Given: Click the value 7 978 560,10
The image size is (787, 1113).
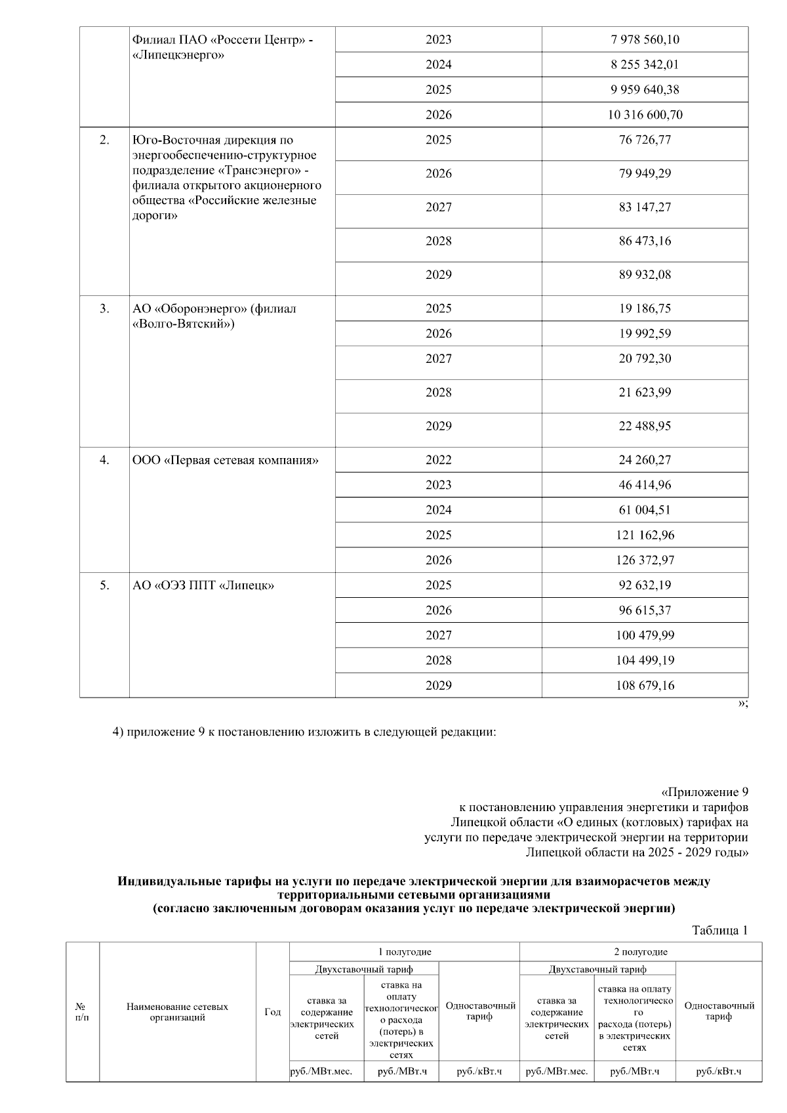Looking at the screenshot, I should click(645, 39).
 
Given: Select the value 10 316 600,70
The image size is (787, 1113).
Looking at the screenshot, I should click(645, 115).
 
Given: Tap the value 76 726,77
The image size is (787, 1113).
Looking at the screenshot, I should click(645, 140).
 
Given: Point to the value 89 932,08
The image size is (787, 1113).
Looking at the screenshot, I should click(645, 274).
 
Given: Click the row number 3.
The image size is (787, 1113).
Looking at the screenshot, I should click(104, 308).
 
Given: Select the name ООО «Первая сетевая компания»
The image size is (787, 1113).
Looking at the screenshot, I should click(225, 460).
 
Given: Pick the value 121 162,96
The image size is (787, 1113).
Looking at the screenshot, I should click(645, 535).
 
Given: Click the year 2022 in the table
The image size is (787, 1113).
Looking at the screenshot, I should click(438, 460).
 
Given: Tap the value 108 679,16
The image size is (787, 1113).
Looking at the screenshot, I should click(645, 685).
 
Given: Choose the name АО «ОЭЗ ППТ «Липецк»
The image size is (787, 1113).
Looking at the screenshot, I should click(203, 585).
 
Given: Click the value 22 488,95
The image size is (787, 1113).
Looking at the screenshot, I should click(645, 426).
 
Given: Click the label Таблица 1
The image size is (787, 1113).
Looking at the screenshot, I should click(719, 931).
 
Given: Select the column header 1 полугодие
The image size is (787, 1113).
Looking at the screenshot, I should click(404, 952).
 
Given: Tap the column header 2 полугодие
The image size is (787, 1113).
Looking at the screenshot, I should click(640, 952).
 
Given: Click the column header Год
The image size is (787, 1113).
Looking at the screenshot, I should click(272, 1012).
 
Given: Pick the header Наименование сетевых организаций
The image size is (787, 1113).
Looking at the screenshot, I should click(177, 1012).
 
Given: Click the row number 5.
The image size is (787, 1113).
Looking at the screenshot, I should click(104, 585).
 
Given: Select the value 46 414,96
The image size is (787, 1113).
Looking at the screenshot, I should click(645, 485).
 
